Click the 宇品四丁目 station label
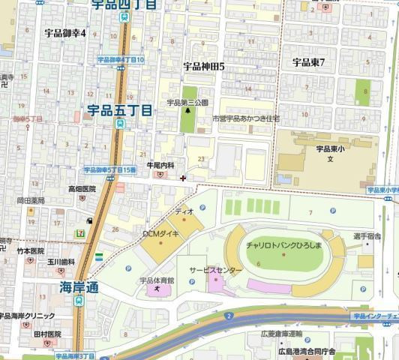(124, 4)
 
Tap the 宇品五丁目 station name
(120, 110)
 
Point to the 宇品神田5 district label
(204, 67)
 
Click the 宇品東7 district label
(308, 62)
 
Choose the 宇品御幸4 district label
(65, 33)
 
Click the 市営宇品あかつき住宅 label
(245, 118)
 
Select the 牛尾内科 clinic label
(160, 165)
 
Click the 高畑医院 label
(82, 189)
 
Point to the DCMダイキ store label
(160, 234)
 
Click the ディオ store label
(184, 212)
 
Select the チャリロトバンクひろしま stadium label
(283, 246)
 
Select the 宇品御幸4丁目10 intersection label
(120, 59)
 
